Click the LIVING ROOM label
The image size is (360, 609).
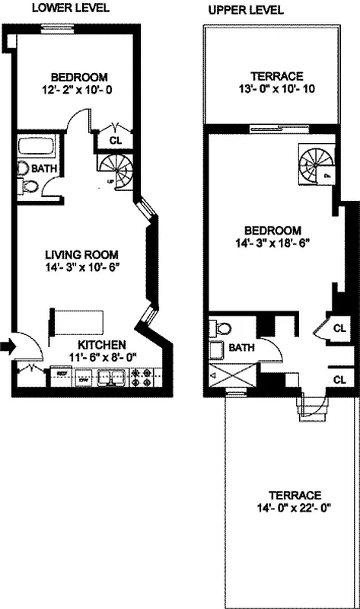81,254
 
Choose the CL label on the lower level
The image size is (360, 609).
116,140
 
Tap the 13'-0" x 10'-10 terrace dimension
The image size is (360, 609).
279,89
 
